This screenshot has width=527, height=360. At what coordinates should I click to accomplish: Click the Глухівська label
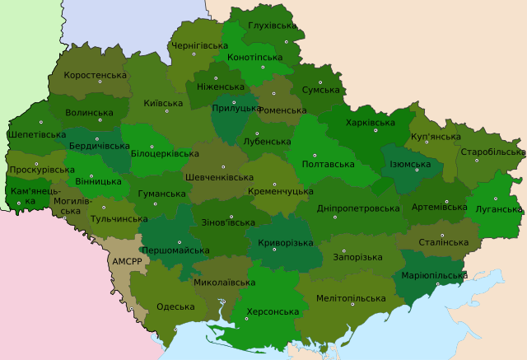click(272, 26)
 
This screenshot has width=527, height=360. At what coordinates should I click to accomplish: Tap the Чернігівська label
click(198, 45)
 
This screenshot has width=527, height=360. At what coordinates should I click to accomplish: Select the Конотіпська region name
click(254, 58)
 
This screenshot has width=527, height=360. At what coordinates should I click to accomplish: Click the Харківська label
click(371, 122)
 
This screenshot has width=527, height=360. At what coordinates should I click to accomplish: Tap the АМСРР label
click(126, 261)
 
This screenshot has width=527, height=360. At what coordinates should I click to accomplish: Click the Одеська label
click(175, 306)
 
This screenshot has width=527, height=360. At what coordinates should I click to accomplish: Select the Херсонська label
click(272, 312)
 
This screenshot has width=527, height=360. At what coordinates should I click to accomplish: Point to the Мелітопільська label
click(351, 298)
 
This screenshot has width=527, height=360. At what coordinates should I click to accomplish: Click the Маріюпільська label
click(434, 274)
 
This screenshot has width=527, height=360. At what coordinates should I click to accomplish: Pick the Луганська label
click(499, 209)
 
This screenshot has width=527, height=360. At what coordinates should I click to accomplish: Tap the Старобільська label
click(492, 152)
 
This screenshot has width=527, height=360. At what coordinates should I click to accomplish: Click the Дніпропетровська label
click(358, 208)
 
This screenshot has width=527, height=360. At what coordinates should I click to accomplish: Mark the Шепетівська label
click(36, 134)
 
